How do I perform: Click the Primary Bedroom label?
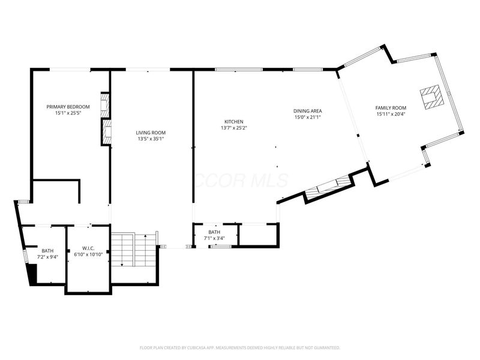point(68,107)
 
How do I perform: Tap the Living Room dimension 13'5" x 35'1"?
point(150,139)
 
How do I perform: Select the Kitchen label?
point(234,121)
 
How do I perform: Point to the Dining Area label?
point(307,110)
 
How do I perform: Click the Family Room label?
point(390,107)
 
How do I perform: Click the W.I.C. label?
point(87,248)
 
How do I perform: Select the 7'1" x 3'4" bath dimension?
point(214,238)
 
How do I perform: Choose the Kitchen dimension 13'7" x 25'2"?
point(234,128)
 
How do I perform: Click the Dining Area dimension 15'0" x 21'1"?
point(307,117)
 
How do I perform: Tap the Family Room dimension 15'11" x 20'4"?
point(390,114)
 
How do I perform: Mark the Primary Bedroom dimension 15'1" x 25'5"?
point(68,113)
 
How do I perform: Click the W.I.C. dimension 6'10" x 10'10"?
point(87,254)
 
